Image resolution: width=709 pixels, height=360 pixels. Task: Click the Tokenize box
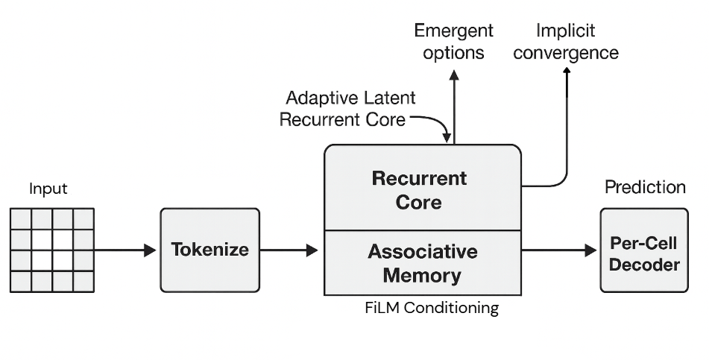click(210, 250)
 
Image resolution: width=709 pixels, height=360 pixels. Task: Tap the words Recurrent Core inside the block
click(418, 190)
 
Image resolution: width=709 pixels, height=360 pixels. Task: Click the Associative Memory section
click(422, 262)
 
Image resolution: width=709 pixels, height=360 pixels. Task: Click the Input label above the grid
click(48, 189)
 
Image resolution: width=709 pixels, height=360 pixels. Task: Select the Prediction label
click(645, 187)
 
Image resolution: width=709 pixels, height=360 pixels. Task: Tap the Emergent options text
click(453, 42)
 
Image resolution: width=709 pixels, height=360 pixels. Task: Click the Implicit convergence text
click(567, 42)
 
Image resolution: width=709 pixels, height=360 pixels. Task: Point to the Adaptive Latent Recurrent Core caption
click(348, 109)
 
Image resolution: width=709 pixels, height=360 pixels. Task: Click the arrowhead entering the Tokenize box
click(150, 250)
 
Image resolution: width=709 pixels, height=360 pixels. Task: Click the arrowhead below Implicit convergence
click(567, 71)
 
